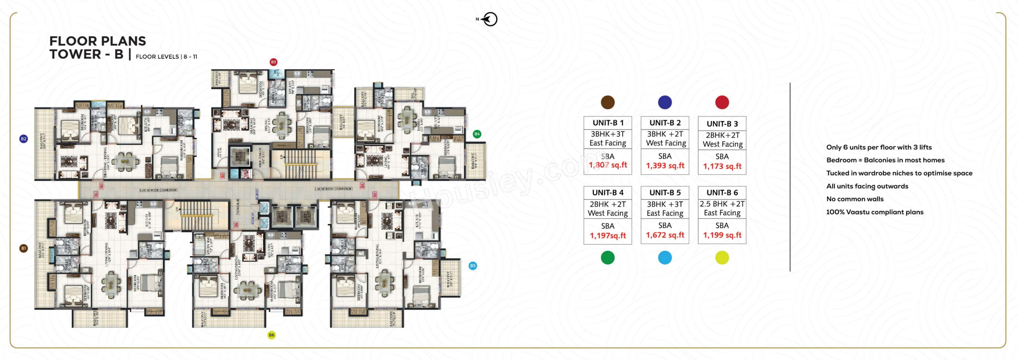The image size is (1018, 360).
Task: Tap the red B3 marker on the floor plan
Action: click(273, 62)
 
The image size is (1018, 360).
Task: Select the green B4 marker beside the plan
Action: click(477, 134)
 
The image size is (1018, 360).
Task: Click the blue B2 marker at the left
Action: click(24, 139)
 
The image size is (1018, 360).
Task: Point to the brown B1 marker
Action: click(24, 248)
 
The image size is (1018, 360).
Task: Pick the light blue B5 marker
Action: click(473, 266)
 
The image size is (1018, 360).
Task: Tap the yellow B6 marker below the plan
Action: click(271, 335)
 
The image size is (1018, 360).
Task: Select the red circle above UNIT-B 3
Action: click(722, 102)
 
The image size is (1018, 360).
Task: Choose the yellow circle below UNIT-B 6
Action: click(722, 258)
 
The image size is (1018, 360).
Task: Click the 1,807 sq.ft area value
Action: click(608, 165)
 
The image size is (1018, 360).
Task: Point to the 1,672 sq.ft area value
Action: click(665, 235)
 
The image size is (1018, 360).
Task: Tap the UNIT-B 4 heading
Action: click(608, 193)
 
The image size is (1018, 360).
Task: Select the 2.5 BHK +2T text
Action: click(722, 204)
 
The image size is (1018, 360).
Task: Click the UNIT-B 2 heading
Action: click(665, 123)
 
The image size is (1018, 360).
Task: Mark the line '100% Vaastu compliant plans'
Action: click(875, 212)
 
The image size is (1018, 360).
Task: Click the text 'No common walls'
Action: click(855, 199)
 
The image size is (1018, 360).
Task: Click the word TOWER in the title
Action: click(75, 54)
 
